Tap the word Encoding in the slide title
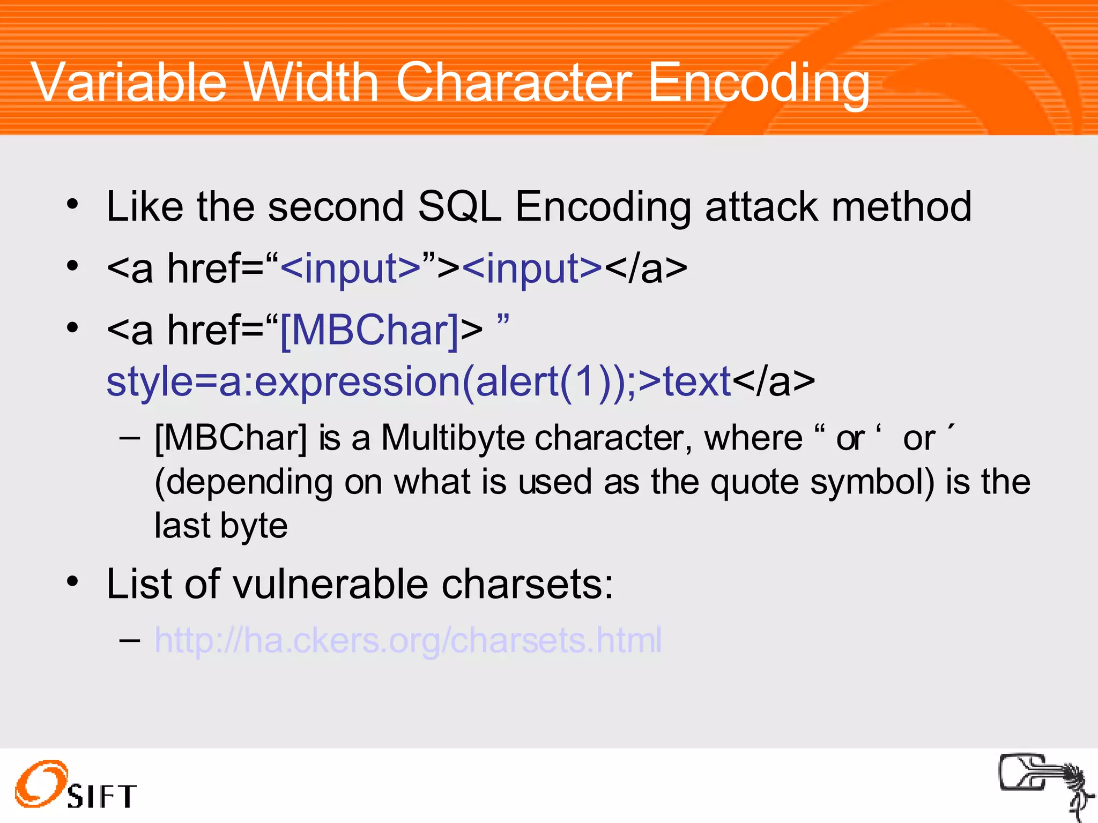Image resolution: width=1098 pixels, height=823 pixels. [x=758, y=83]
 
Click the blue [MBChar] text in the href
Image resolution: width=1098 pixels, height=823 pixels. [x=369, y=330]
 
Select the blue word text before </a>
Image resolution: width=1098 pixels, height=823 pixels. [x=696, y=381]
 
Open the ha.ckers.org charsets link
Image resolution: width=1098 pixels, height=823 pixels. [x=407, y=640]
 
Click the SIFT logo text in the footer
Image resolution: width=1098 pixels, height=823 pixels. [x=102, y=796]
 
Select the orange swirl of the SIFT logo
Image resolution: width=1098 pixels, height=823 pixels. [x=40, y=783]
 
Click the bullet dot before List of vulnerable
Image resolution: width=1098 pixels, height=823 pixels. [x=73, y=581]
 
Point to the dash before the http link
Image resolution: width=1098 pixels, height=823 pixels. [x=130, y=640]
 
